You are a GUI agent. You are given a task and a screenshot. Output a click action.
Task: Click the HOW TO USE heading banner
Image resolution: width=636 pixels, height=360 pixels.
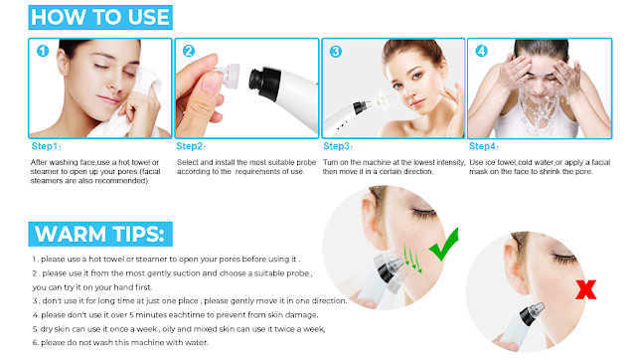click(100, 17)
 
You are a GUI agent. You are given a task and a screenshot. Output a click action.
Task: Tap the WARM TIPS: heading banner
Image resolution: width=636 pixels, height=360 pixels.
click(100, 234)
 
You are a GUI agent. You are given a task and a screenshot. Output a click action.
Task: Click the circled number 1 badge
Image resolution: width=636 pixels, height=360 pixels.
click(43, 51)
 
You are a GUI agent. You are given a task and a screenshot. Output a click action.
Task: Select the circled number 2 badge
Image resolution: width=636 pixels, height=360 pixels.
click(189, 51)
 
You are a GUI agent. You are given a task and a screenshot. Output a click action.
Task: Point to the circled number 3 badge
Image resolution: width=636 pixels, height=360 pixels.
click(336, 52)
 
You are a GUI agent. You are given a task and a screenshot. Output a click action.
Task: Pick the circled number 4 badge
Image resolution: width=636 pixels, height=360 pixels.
click(481, 51)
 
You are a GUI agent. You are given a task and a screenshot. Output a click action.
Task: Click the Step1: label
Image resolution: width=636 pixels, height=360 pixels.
click(47, 146)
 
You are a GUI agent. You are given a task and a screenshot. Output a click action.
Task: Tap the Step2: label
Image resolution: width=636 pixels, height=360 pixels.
click(191, 146)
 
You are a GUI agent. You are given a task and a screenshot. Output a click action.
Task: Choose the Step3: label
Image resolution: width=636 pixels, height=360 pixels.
click(338, 146)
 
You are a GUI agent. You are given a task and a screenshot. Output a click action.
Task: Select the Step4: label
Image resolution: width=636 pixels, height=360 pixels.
click(484, 146)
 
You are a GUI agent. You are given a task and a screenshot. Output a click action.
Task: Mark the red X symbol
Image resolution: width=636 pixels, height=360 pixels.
click(585, 289)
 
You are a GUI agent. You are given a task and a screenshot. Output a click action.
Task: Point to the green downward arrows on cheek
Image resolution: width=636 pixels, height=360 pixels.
click(412, 259)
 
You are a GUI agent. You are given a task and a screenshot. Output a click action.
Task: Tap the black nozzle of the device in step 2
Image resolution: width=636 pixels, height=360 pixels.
click(264, 83)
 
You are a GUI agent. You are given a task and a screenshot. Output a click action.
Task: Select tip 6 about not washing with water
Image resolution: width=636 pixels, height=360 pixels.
click(120, 342)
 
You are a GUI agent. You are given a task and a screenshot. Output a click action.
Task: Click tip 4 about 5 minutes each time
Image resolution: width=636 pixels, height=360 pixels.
click(175, 315)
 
